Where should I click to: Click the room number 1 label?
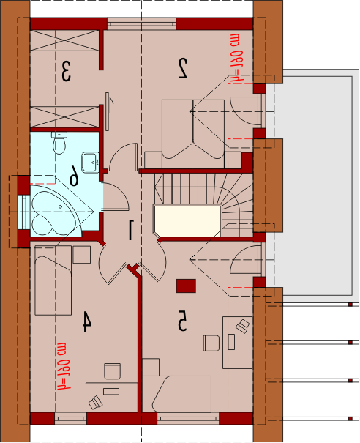(x=131, y=230)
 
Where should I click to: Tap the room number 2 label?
(x=183, y=68)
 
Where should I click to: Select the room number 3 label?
(x=66, y=72)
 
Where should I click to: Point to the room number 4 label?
(x=86, y=321)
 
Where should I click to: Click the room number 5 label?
(x=182, y=321)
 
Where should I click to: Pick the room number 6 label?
(x=74, y=176)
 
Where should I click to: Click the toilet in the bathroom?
(x=59, y=143)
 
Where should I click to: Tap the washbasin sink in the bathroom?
(x=90, y=162)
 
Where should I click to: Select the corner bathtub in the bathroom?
(x=56, y=211)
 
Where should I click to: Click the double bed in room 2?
(x=193, y=134)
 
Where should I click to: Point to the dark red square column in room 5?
(x=186, y=286)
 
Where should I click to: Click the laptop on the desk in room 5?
(x=243, y=327)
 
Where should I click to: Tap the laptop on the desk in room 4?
(x=95, y=402)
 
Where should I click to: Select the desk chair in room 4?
(x=113, y=371)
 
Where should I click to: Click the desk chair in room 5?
(x=211, y=343)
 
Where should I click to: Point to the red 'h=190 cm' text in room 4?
(x=64, y=366)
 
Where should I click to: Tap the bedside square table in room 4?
(x=82, y=255)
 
